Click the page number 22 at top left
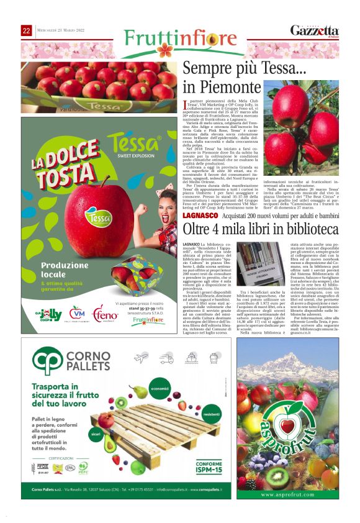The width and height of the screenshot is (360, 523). [27, 30]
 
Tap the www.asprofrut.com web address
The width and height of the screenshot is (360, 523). [287, 494]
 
